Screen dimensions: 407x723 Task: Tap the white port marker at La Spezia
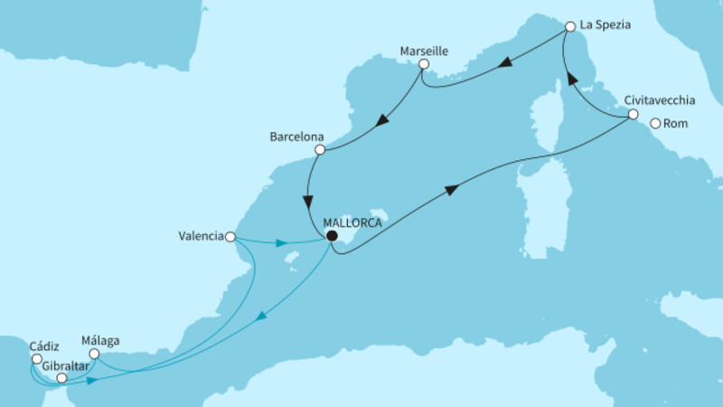click(570, 27)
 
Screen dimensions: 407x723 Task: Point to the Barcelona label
click(296, 137)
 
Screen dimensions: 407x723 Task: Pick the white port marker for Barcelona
click(319, 150)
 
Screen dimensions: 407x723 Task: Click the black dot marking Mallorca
click(332, 236)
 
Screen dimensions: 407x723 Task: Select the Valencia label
click(202, 237)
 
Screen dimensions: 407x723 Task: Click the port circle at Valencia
click(230, 237)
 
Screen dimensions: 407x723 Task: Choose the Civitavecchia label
click(664, 102)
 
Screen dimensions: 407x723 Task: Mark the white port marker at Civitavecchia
click(633, 116)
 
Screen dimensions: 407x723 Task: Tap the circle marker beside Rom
click(655, 124)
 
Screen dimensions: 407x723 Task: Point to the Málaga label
click(100, 342)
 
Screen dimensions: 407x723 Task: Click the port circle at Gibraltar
click(61, 379)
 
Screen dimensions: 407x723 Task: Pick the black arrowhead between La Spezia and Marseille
click(508, 62)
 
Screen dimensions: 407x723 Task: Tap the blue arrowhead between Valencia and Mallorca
click(283, 242)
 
